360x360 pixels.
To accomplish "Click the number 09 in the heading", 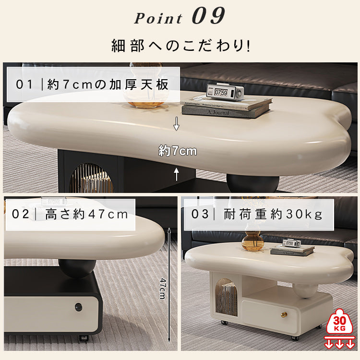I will pyautogui.click(x=208, y=16).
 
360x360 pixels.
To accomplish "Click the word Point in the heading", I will pyautogui.click(x=158, y=18).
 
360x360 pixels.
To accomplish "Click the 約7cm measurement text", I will pyautogui.click(x=178, y=151).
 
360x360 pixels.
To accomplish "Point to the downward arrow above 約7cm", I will pyautogui.click(x=176, y=125).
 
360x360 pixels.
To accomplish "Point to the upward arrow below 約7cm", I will pyautogui.click(x=176, y=174).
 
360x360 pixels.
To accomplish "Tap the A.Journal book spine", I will pyautogui.click(x=226, y=112).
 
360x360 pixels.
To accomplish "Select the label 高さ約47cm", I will pyautogui.click(x=70, y=214).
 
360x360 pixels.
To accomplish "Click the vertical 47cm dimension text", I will pyautogui.click(x=162, y=288).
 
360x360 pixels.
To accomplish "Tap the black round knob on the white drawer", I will pyautogui.click(x=78, y=307).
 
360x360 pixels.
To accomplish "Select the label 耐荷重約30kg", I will pyautogui.click(x=257, y=214).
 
